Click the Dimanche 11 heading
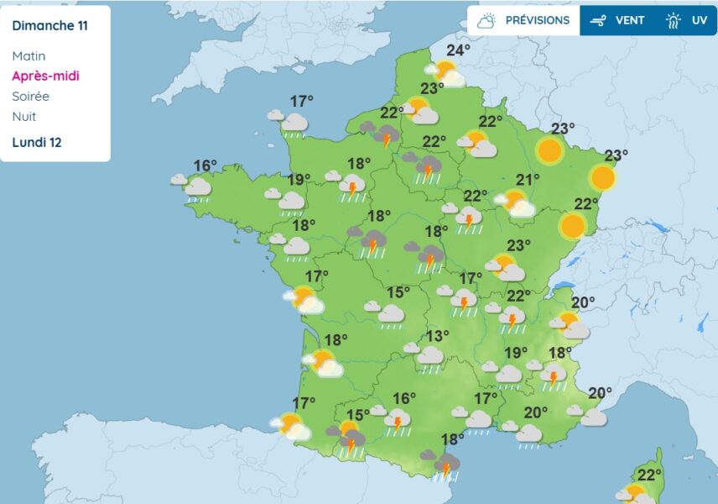[x=49, y=25]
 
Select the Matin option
[x=29, y=56]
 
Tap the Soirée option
[x=31, y=97]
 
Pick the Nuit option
[x=24, y=117]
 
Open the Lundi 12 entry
[x=37, y=142]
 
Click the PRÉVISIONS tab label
[x=537, y=20]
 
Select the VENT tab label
[x=630, y=20]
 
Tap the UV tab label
[x=700, y=20]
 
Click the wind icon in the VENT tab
[x=598, y=20]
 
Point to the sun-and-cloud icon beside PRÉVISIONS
[x=486, y=20]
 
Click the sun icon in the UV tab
[x=674, y=20]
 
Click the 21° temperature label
[x=528, y=179]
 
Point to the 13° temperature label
[x=436, y=336]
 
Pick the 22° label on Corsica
[x=649, y=475]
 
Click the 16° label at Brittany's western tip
[x=206, y=165]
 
